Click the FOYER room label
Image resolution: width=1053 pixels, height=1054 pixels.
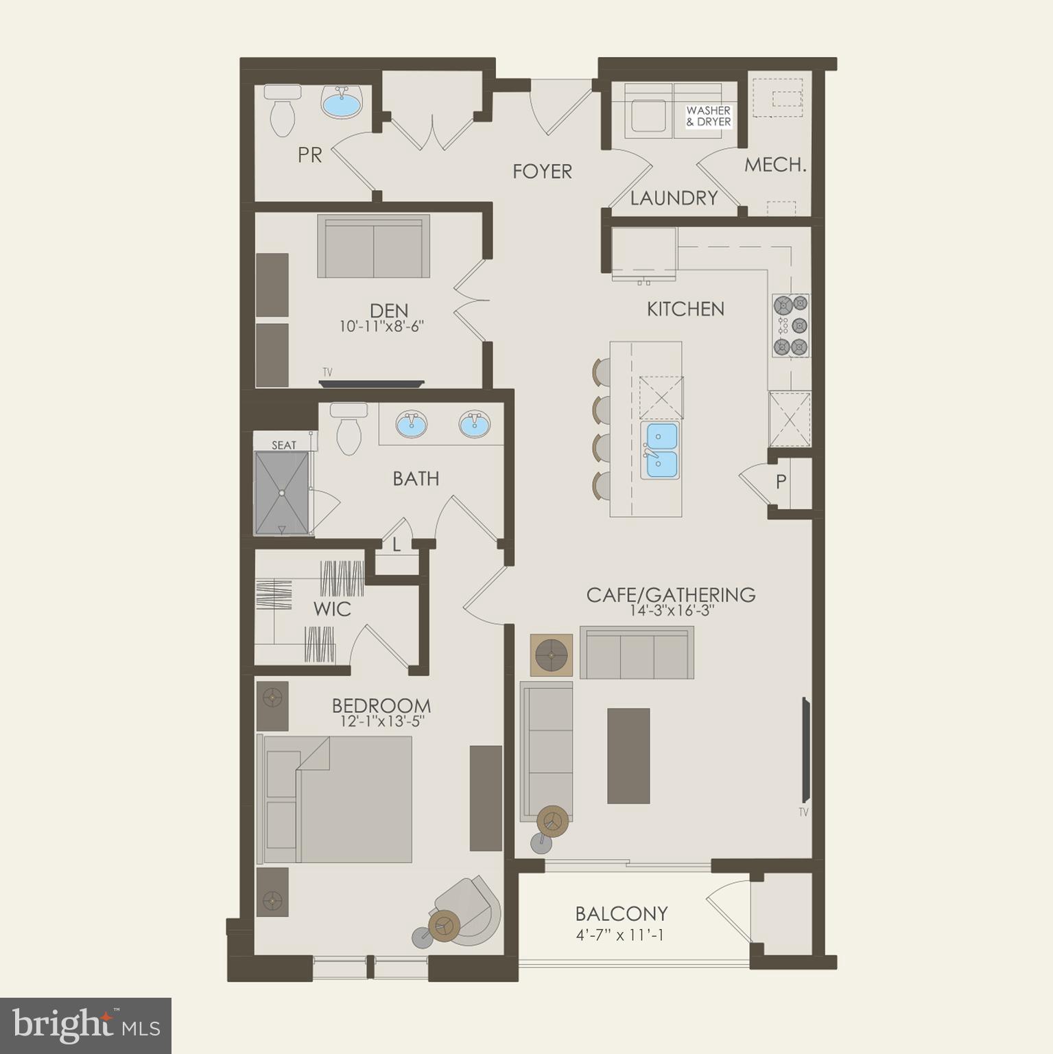542,171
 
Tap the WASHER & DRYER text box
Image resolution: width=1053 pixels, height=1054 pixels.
708,116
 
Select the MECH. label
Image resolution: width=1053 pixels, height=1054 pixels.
775,165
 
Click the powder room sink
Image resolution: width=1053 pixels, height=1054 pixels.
342,103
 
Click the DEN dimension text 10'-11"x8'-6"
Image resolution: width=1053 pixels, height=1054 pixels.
381,327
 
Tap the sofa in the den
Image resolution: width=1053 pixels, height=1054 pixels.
374,246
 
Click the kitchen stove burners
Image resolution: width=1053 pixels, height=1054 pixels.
791,326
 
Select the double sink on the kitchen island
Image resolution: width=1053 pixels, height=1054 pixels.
660,450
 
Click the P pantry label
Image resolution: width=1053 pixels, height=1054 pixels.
781,482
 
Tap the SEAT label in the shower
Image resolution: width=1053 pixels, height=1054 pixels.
284,445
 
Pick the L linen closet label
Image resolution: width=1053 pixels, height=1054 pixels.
397,545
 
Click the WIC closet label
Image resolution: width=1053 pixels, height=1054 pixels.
332,609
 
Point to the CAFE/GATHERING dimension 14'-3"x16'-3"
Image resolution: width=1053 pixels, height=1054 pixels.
670,611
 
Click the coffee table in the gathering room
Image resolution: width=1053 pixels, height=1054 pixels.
628,756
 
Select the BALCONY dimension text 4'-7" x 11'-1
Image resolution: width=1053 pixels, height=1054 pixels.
620,935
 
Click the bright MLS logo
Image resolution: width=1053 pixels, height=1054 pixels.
86,1025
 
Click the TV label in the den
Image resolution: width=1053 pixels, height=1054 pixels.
327,372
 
